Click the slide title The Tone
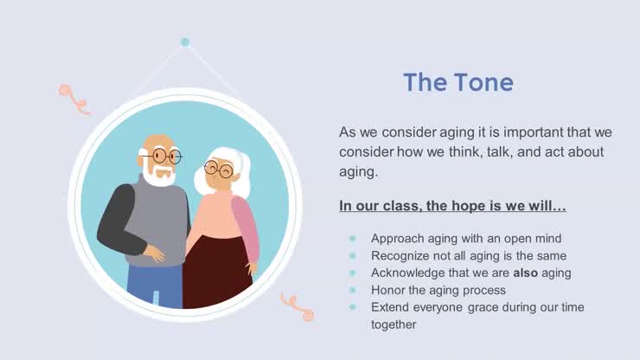(x=458, y=82)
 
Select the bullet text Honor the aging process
(x=438, y=290)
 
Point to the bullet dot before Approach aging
(x=352, y=238)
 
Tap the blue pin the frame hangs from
(x=184, y=42)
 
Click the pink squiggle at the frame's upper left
(x=73, y=98)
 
